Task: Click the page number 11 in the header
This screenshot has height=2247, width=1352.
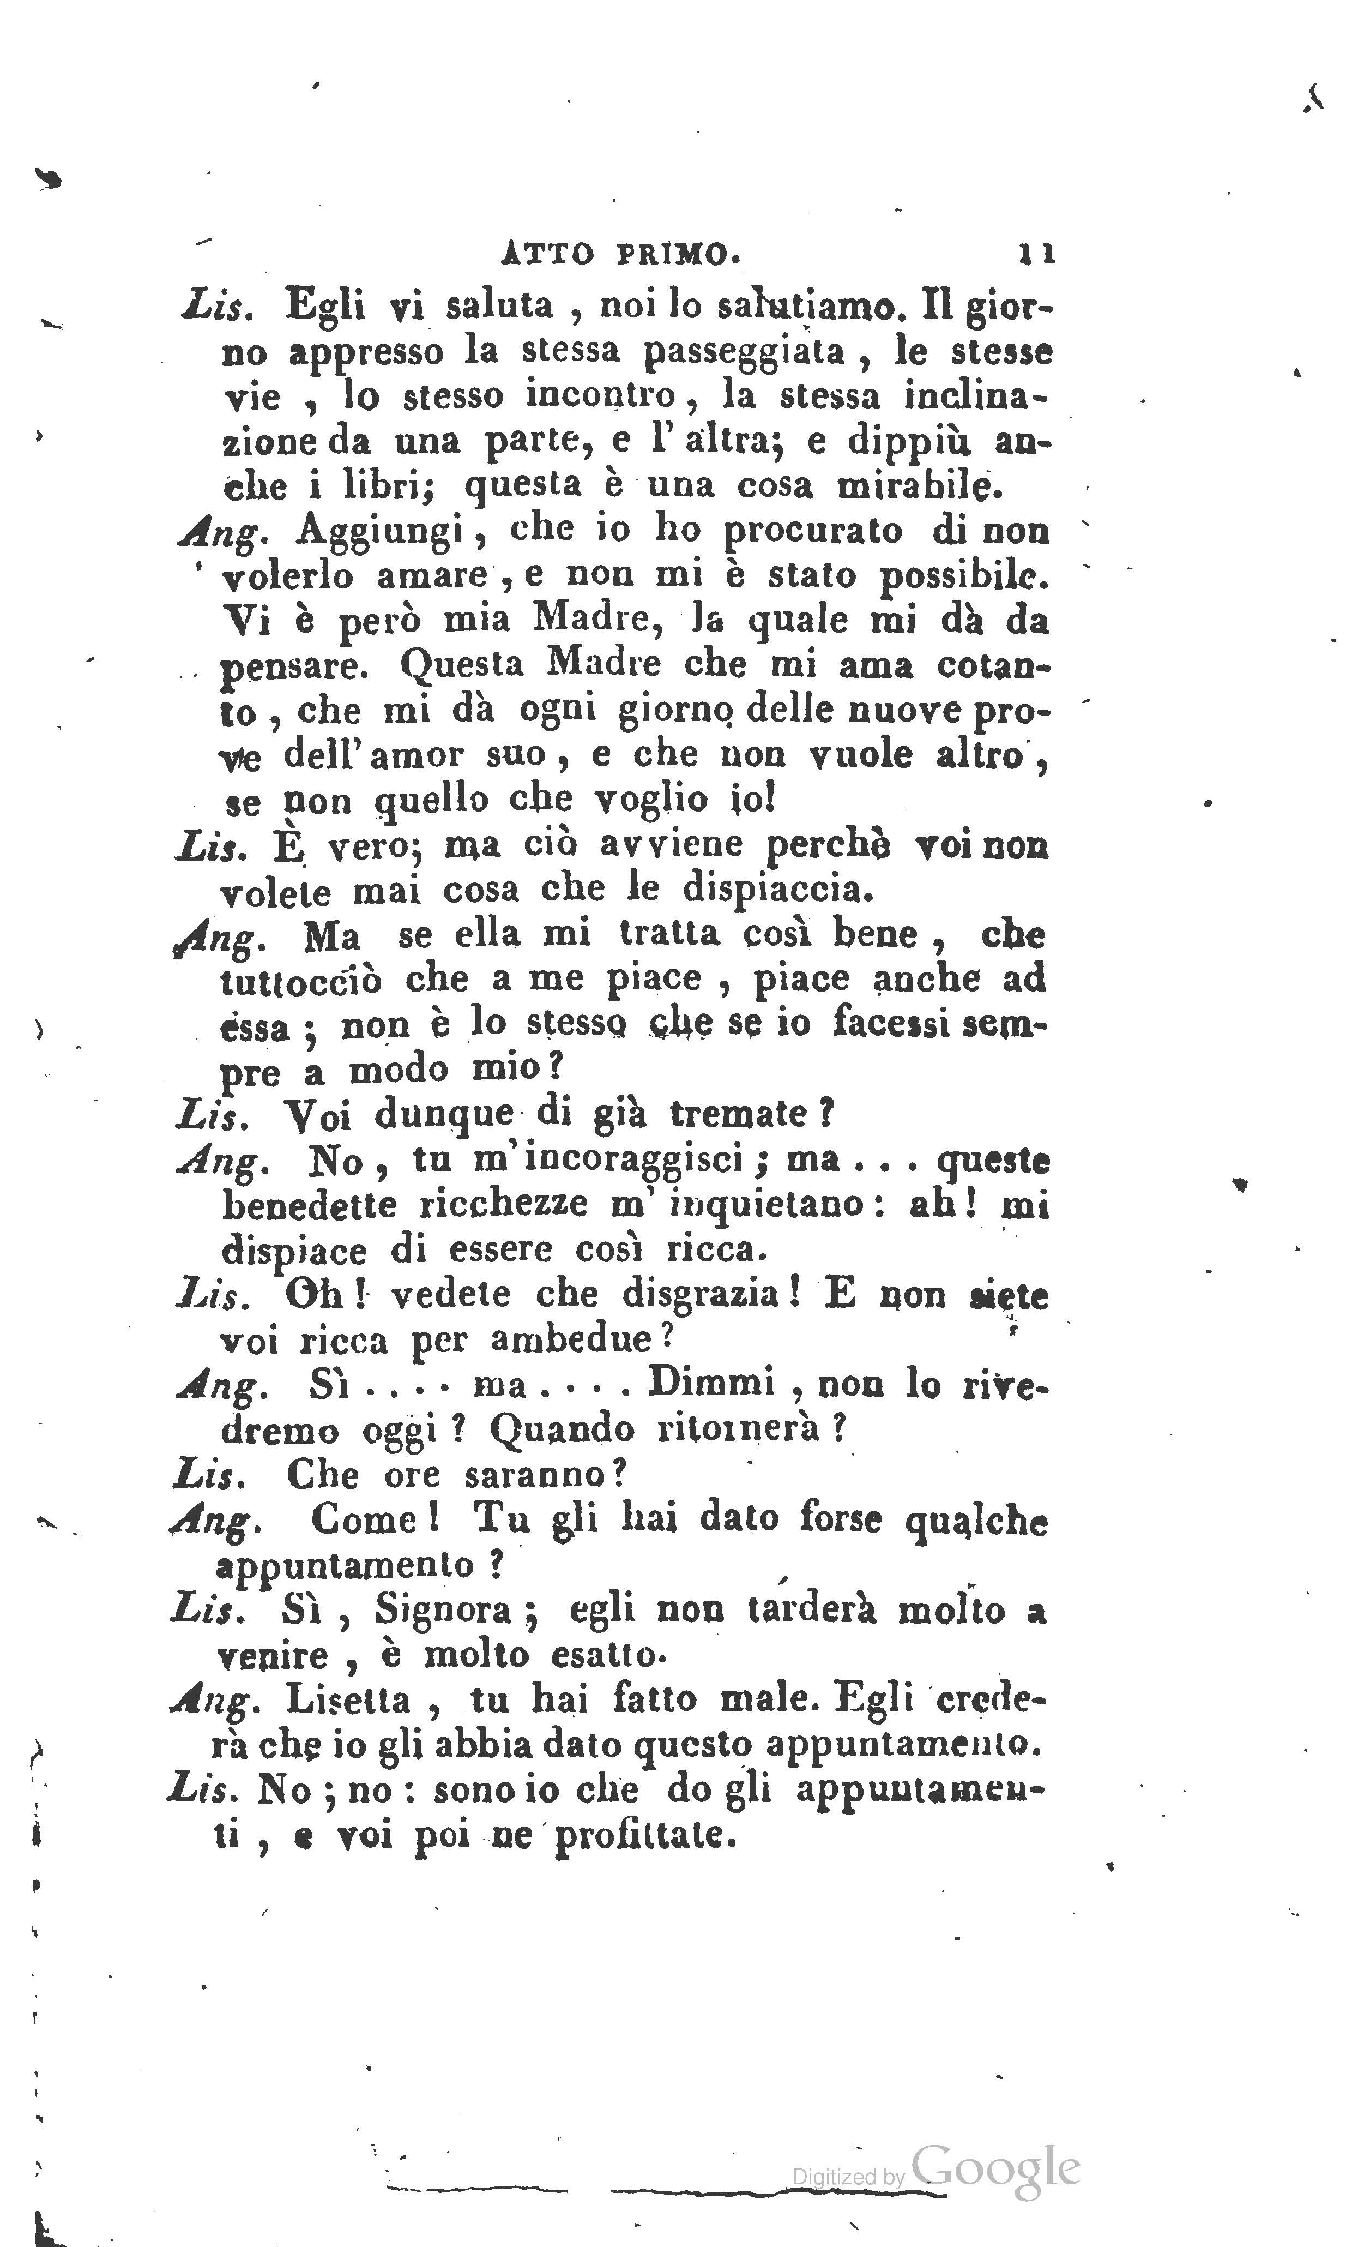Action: click(x=1037, y=253)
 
